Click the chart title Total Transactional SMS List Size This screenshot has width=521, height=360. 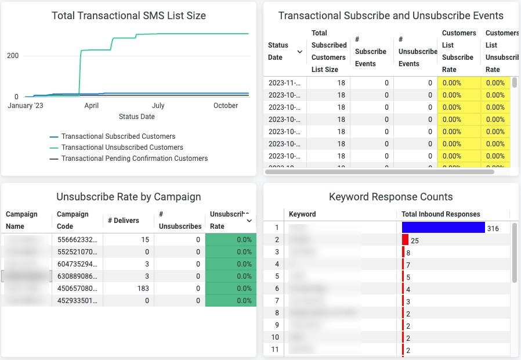pos(128,16)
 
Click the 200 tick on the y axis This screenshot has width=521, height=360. pos(12,56)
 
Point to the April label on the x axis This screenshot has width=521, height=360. pos(91,106)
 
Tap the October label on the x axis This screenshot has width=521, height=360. pos(226,106)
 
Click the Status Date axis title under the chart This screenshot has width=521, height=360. pos(136,117)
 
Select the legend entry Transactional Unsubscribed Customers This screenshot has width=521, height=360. pos(122,147)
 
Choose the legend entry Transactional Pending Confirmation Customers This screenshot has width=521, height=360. pos(134,159)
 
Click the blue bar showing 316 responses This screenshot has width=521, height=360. pos(443,228)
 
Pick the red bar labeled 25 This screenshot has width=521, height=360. pos(405,240)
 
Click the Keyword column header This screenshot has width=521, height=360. pos(302,214)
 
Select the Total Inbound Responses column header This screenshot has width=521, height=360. pos(441,214)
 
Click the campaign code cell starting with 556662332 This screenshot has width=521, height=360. pos(77,240)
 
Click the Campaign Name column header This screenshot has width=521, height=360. pos(21,220)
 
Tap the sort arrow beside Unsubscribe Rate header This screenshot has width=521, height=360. pos(249,221)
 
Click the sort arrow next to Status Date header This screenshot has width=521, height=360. pos(300,52)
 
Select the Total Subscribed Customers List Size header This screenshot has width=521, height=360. pos(328,51)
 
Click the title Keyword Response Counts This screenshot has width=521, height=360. pos(390,197)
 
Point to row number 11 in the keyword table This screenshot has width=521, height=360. pos(276,350)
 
